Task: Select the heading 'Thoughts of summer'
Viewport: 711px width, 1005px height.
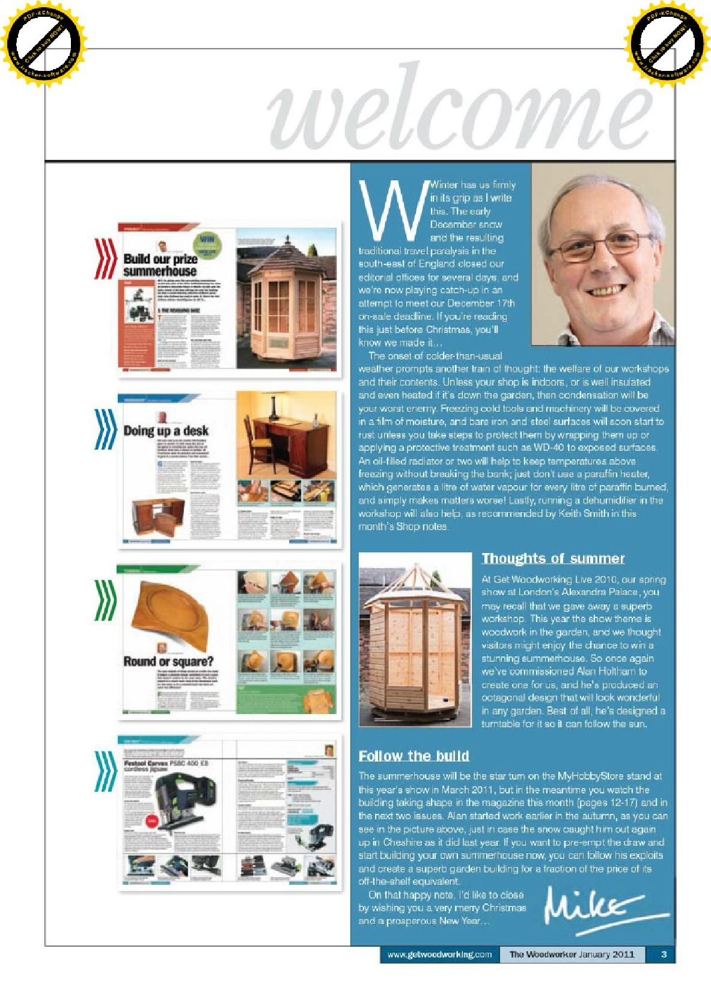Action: tap(552, 558)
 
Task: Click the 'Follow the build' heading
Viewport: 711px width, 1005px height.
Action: tap(413, 756)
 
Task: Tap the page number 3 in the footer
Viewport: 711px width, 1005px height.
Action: tap(664, 954)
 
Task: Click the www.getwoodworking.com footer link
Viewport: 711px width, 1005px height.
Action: tap(439, 954)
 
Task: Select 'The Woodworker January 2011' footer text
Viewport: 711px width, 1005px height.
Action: tap(572, 954)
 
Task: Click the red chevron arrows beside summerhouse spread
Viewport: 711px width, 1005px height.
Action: tap(106, 258)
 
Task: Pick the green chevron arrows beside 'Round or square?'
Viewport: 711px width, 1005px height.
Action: tap(106, 599)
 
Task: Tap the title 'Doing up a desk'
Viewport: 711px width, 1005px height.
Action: tap(166, 431)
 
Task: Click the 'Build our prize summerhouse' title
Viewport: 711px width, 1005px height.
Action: tap(160, 264)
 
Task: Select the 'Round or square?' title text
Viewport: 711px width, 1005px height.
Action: tap(168, 661)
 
